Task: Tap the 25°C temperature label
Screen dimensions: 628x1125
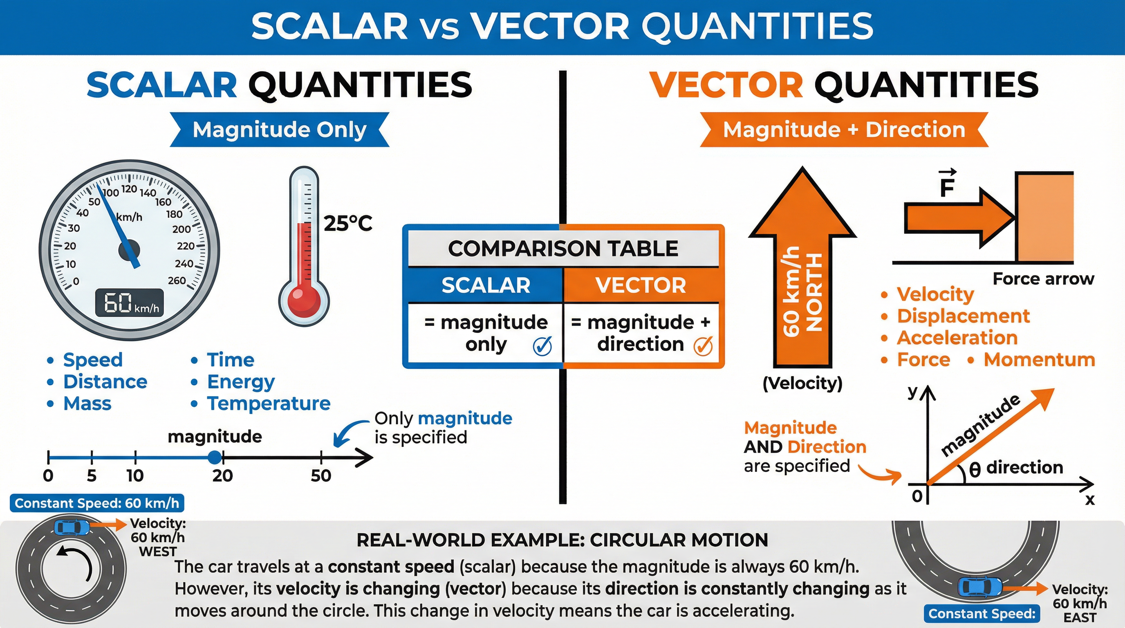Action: pyautogui.click(x=347, y=224)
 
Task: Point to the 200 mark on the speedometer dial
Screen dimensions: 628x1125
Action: pyautogui.click(x=181, y=229)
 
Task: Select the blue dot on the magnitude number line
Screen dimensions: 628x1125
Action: pyautogui.click(x=215, y=457)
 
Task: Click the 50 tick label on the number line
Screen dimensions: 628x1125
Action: pyautogui.click(x=321, y=475)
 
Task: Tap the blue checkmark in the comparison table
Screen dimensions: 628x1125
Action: pyautogui.click(x=542, y=346)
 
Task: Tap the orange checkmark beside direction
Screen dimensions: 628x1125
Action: pyautogui.click(x=703, y=346)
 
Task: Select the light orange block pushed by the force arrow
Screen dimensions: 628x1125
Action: pyautogui.click(x=1044, y=217)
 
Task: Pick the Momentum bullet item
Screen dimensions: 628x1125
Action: pyautogui.click(x=1039, y=359)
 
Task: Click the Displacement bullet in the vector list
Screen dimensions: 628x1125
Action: pyautogui.click(x=963, y=316)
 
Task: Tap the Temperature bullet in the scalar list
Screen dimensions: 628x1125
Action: pyautogui.click(x=269, y=404)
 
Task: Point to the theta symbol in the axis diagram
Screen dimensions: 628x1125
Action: pyautogui.click(x=975, y=469)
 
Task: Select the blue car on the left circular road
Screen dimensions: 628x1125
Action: pyautogui.click(x=72, y=527)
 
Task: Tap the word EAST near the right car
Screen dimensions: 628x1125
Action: pyautogui.click(x=1080, y=618)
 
